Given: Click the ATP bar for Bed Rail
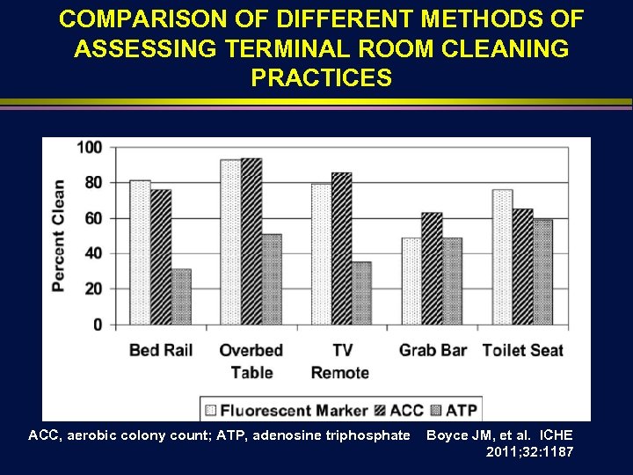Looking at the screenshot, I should click(x=181, y=297).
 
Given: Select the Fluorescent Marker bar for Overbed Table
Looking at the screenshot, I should click(x=230, y=242).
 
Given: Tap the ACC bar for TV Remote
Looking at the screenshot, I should click(x=341, y=249).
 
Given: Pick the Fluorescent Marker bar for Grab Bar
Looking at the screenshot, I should click(x=411, y=281).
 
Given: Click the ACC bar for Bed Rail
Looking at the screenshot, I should click(x=161, y=257).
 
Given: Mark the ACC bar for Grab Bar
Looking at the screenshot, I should click(x=432, y=268).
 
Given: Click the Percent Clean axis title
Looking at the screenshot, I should click(x=58, y=236).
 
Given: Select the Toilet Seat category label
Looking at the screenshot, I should click(x=522, y=350).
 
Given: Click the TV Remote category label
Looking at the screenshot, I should click(x=340, y=361).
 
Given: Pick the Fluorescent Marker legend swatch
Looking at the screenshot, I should click(x=210, y=410).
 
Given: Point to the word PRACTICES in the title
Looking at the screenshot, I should click(x=321, y=78).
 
